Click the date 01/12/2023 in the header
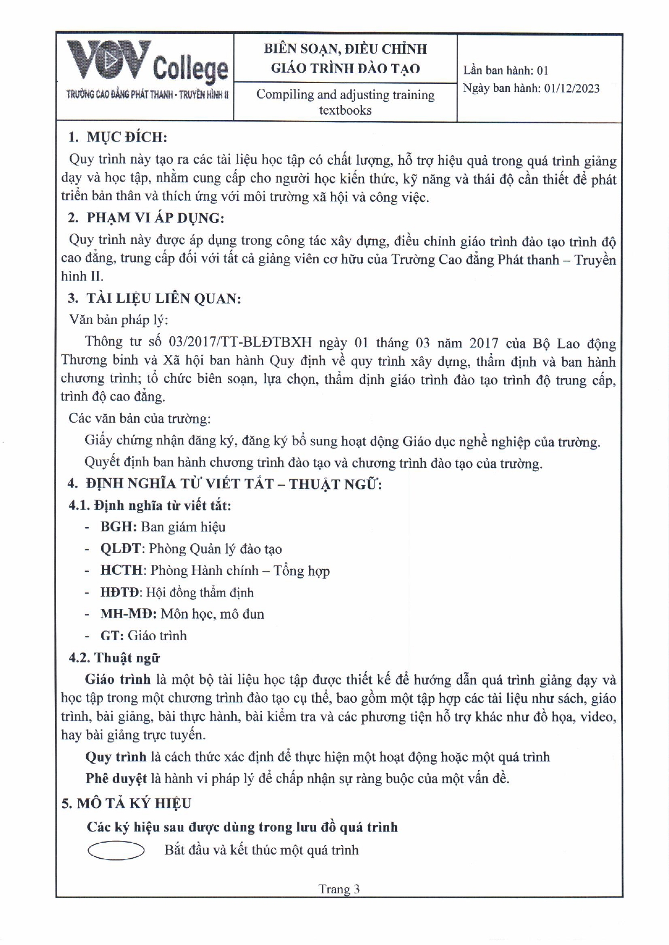tap(571, 89)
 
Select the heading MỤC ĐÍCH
tap(127, 137)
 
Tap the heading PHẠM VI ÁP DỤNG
tap(155, 218)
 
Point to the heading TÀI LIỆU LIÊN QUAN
tap(163, 298)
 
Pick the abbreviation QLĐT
tap(121, 549)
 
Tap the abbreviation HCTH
tap(122, 570)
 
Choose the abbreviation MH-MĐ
tap(128, 614)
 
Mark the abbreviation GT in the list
tap(112, 635)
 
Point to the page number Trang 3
tap(339, 889)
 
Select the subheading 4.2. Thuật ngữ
tap(114, 658)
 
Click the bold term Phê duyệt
tap(116, 779)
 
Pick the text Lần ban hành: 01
tap(505, 71)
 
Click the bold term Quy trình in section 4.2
tap(116, 757)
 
